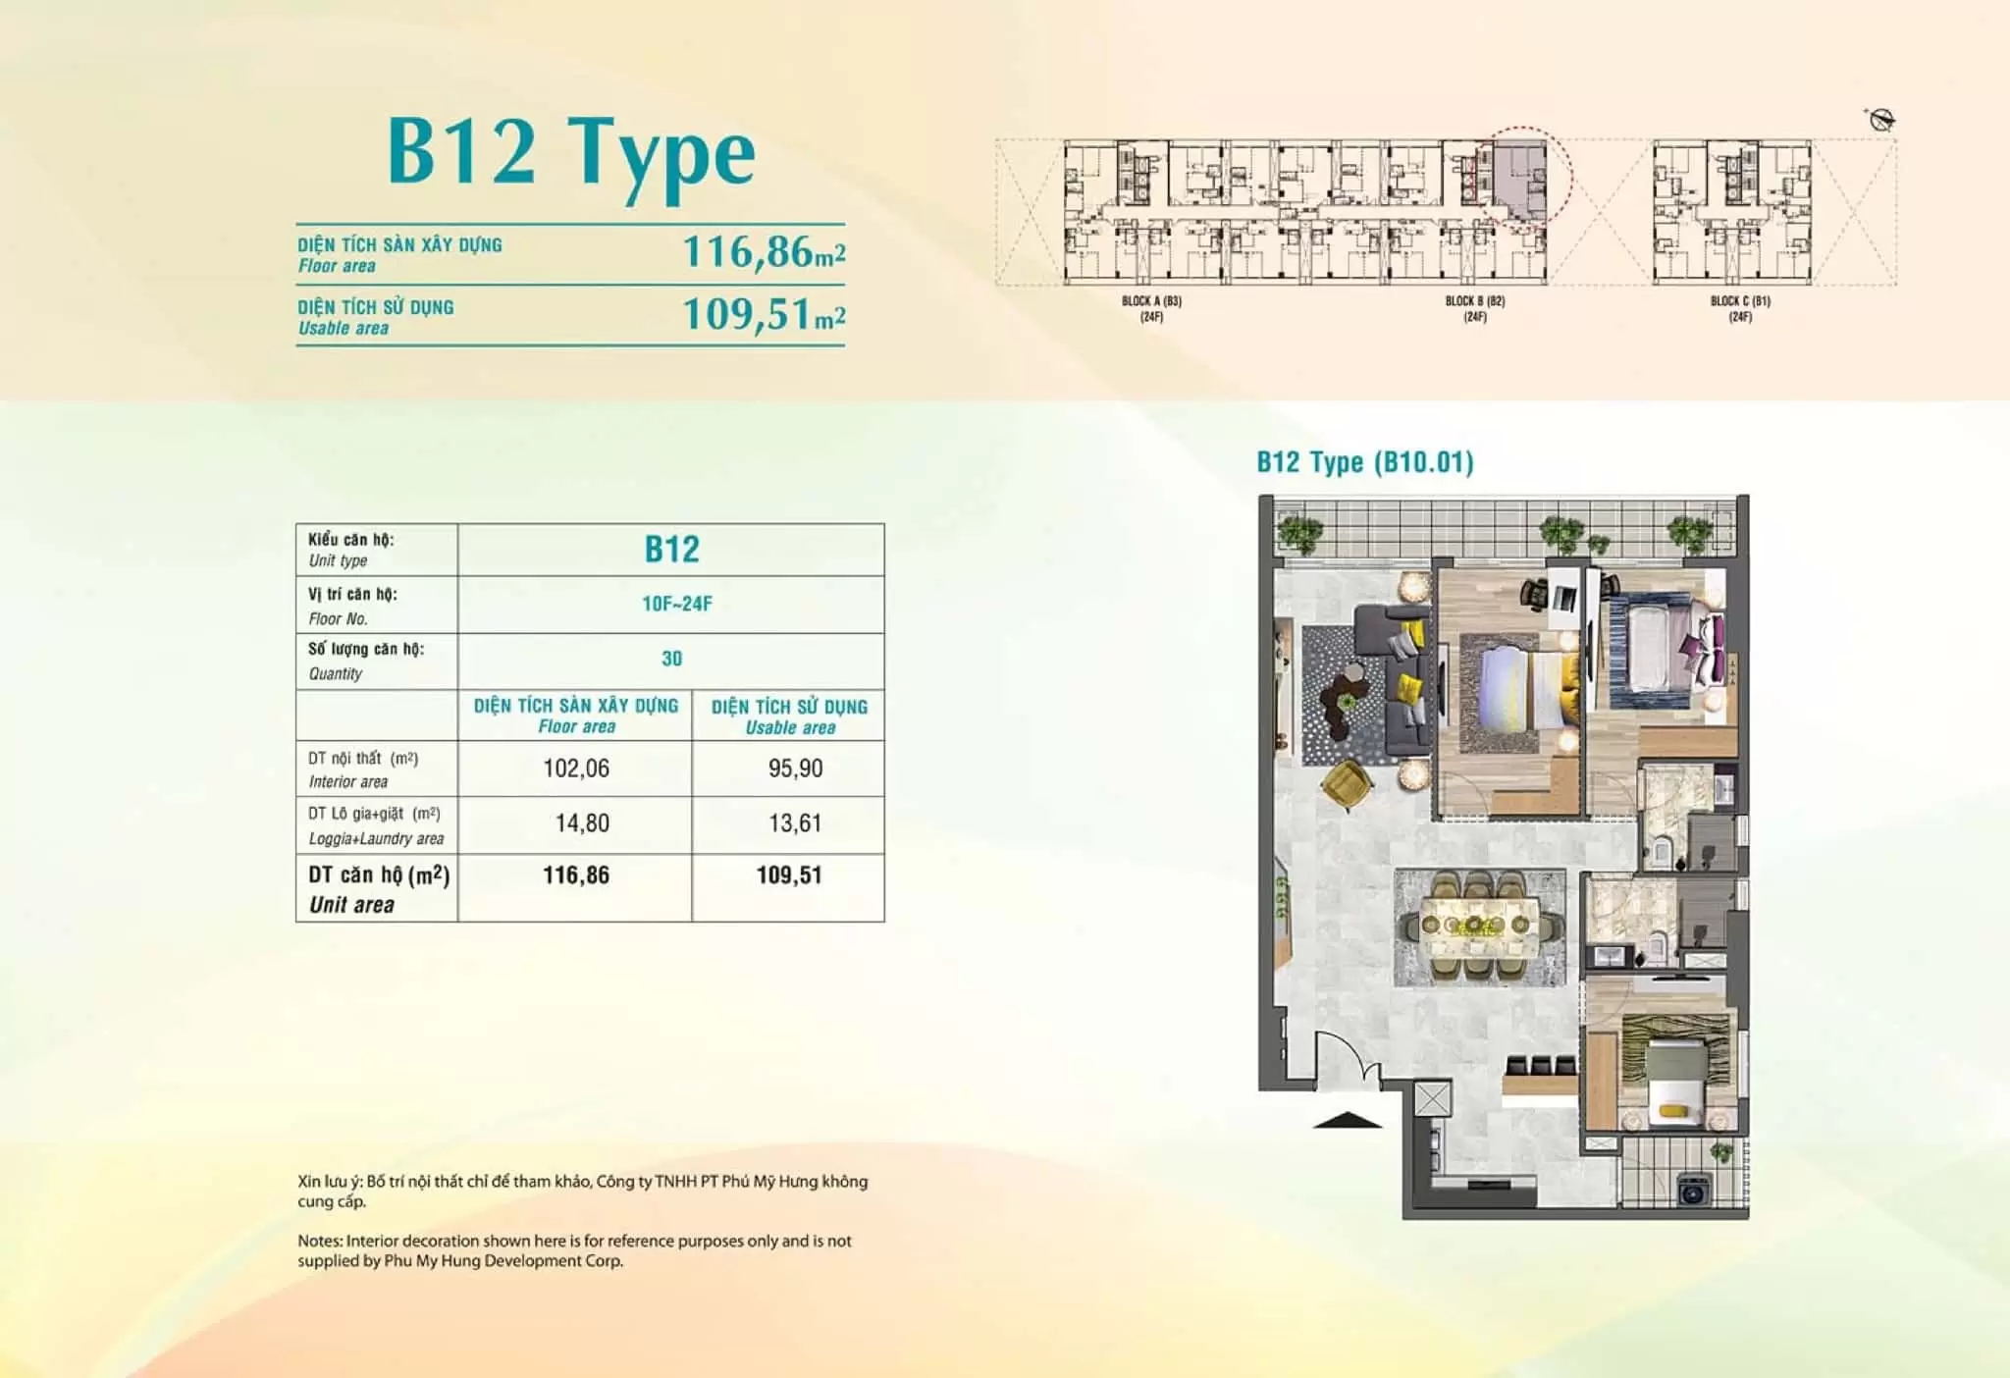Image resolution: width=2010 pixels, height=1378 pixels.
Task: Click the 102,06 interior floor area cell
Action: [576, 768]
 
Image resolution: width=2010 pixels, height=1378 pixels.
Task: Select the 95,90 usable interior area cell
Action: [795, 768]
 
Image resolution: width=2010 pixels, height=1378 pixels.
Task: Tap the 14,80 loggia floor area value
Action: [582, 823]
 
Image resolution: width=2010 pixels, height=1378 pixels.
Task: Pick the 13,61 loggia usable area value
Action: [795, 823]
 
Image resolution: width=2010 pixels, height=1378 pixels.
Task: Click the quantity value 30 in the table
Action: [671, 659]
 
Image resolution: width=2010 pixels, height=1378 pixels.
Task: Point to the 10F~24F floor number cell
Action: [677, 604]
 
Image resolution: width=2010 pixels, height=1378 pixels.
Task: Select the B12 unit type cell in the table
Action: [672, 550]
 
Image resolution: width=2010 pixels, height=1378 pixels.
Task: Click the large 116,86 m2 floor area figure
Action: [764, 251]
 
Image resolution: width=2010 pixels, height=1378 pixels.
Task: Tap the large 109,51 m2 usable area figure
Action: [764, 314]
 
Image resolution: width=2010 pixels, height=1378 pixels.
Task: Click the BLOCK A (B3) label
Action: [1151, 301]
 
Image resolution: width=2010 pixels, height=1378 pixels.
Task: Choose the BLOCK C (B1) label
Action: [1740, 301]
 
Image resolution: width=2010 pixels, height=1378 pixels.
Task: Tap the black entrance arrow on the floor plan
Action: [1348, 1120]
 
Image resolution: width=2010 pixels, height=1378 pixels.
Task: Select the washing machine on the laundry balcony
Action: [1692, 1192]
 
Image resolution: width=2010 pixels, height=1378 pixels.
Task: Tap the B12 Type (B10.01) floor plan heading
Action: [1365, 462]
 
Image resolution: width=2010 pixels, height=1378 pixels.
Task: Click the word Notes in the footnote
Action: [320, 1241]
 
